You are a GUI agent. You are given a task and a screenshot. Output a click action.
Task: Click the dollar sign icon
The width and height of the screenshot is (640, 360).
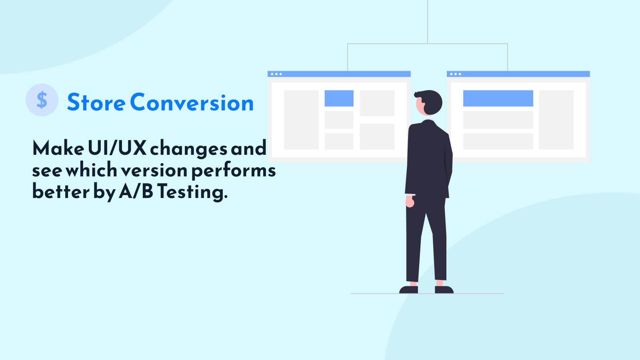pos(42,100)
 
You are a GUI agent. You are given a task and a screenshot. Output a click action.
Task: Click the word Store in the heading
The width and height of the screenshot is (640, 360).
pos(96,102)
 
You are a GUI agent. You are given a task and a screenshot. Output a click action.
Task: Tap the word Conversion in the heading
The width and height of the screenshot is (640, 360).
pos(192,102)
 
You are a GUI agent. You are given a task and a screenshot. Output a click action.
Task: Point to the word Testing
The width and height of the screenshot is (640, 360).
pos(192,192)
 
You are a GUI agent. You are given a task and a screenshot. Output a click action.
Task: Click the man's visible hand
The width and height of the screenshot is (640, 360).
pos(410,202)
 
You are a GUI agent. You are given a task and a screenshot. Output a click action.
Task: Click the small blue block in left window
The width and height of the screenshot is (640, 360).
pos(339,98)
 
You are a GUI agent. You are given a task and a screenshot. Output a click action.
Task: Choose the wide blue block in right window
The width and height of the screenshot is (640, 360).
pos(498,98)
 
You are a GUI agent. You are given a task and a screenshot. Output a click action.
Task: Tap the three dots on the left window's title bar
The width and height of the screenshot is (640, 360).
pos(276,74)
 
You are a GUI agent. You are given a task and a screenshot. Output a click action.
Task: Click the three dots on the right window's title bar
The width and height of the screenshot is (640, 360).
pos(456,74)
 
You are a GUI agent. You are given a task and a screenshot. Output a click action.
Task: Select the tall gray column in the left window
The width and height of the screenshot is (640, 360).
pos(301,120)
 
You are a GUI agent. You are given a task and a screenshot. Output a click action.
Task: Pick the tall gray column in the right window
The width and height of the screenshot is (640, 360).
pos(556,120)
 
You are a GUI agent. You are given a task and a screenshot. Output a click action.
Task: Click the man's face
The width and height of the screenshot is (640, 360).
pos(420,105)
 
